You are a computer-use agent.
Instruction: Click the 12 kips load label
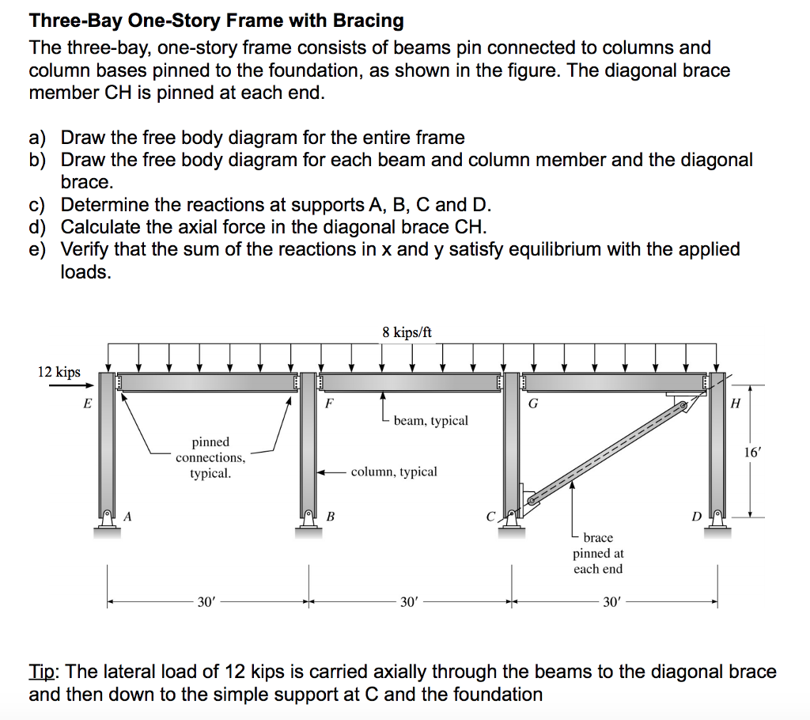tap(59, 372)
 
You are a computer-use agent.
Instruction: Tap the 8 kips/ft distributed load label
tap(407, 332)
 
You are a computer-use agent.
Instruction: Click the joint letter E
tap(88, 404)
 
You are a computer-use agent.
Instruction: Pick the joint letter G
tap(532, 404)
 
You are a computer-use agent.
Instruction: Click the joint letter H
tap(736, 404)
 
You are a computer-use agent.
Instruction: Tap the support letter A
tap(127, 517)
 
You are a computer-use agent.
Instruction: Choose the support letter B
tap(331, 517)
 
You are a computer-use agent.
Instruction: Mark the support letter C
tap(491, 517)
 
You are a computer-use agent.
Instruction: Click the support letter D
tap(696, 517)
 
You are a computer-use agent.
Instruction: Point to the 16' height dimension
tap(753, 453)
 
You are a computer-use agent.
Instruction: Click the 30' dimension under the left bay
tap(206, 602)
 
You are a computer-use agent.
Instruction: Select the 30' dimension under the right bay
tap(612, 602)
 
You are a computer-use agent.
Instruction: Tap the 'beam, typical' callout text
tap(430, 420)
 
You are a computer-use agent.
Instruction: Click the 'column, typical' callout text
tap(393, 472)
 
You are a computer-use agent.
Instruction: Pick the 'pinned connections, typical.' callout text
tap(210, 457)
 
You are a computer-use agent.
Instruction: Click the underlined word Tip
tap(44, 672)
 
